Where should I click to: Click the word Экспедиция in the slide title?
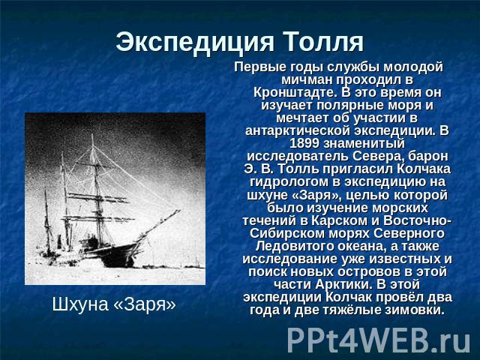(x=195, y=42)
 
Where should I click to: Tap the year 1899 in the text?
(x=304, y=143)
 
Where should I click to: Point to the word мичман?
(x=307, y=79)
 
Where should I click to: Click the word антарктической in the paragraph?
(x=298, y=130)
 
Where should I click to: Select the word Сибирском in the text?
(x=287, y=233)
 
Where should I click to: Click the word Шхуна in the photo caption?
(x=80, y=304)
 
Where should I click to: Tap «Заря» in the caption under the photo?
(x=145, y=304)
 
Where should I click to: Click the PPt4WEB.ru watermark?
(x=379, y=340)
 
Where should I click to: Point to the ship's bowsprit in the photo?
(x=159, y=224)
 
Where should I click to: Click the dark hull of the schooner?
(x=116, y=255)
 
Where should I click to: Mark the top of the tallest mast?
(x=92, y=135)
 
